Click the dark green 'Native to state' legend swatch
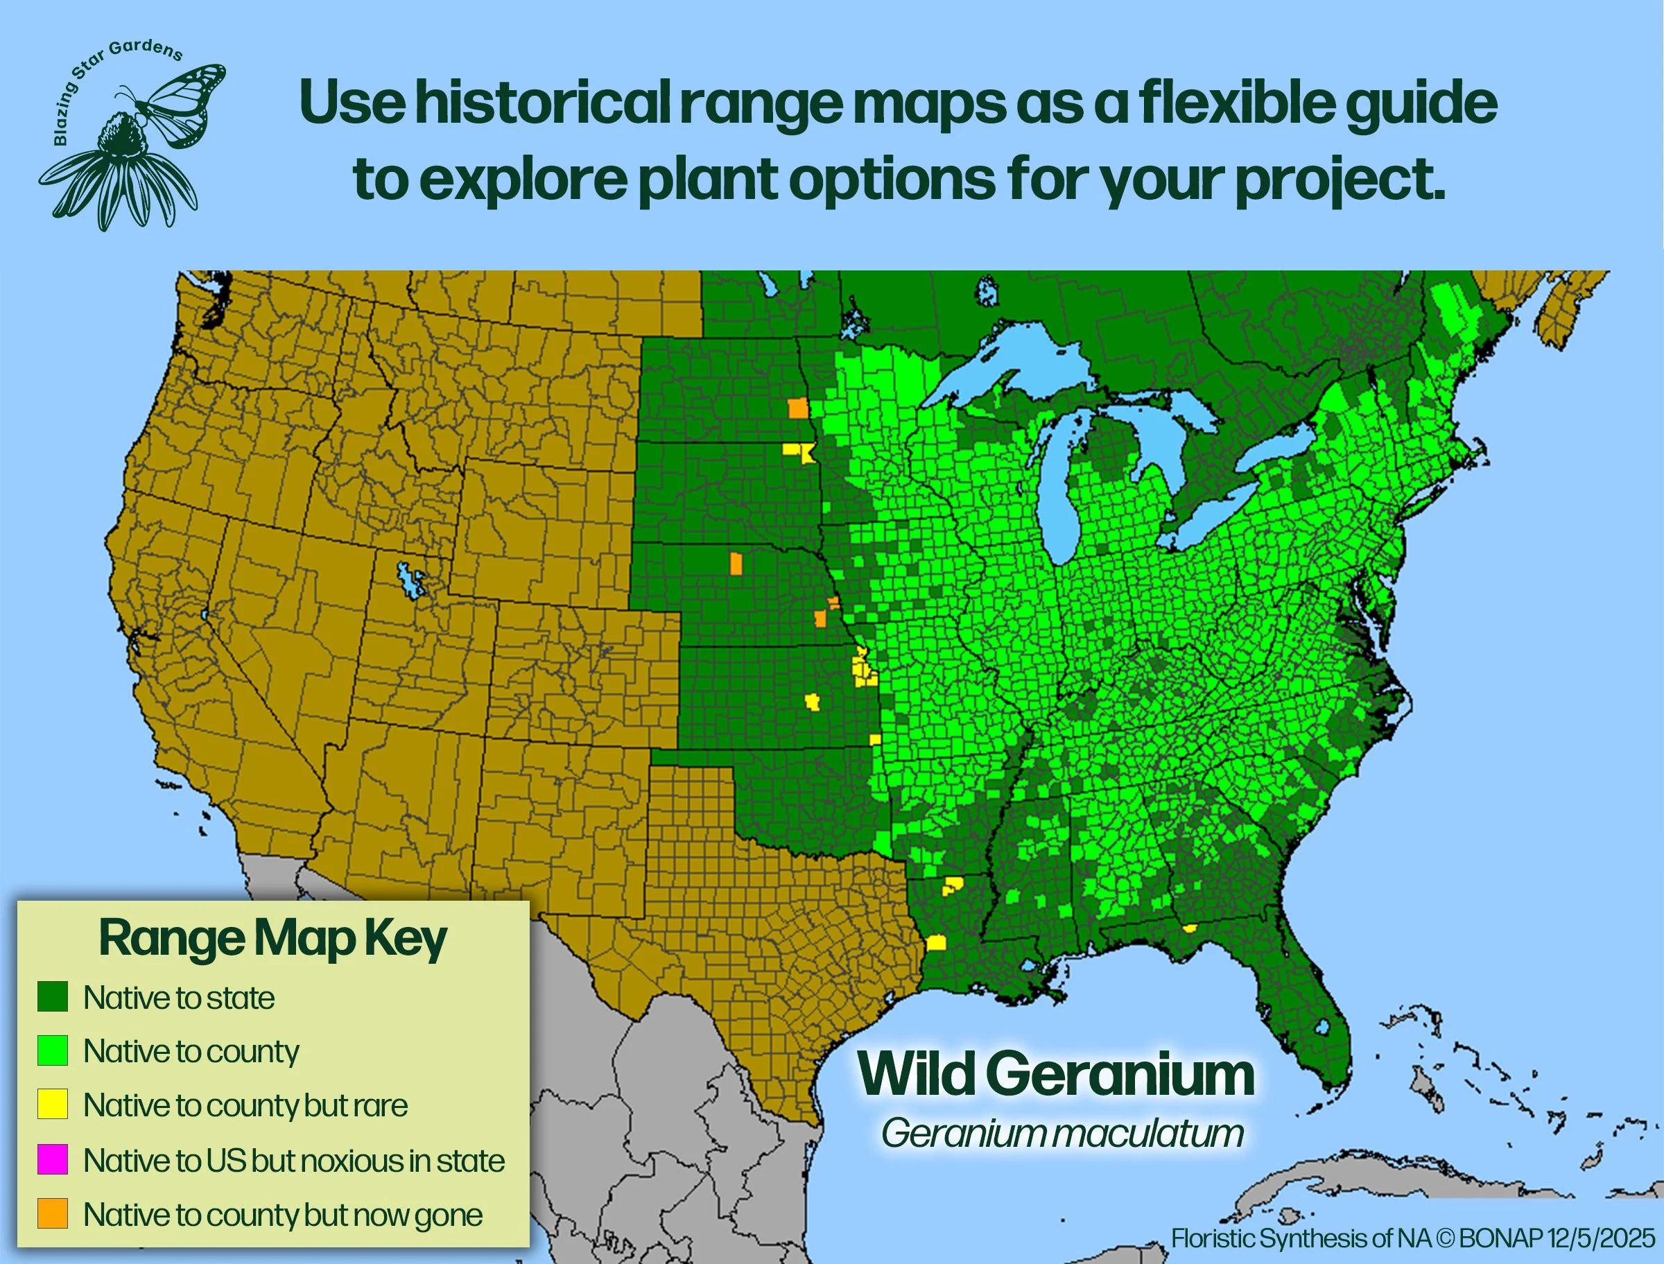[x=53, y=996]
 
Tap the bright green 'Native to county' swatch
[x=53, y=1050]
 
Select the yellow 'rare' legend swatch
[x=53, y=1104]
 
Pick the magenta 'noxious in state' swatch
[x=53, y=1159]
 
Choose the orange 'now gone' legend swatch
[x=53, y=1213]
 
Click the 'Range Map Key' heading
[x=273, y=940]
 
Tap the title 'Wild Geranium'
[x=1056, y=1075]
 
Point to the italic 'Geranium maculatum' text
[x=1062, y=1133]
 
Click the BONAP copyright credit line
[x=1413, y=1238]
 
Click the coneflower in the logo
[x=121, y=169]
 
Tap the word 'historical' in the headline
[x=543, y=103]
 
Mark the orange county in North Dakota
[x=798, y=408]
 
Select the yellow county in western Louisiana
[x=936, y=943]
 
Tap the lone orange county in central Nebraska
[x=736, y=563]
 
